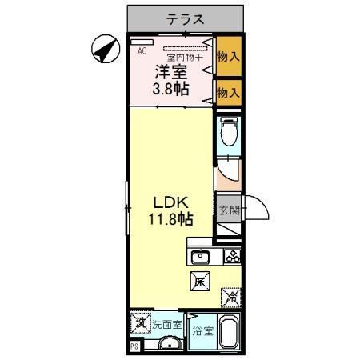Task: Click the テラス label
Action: point(185,18)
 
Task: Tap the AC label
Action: point(142,50)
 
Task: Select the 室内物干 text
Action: point(183,57)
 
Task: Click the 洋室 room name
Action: point(171,72)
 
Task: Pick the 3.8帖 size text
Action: point(171,89)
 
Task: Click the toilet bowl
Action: point(229,132)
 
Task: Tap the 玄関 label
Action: point(229,211)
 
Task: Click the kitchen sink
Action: point(199,257)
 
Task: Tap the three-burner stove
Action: point(232,257)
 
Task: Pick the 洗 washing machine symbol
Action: point(140,324)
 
